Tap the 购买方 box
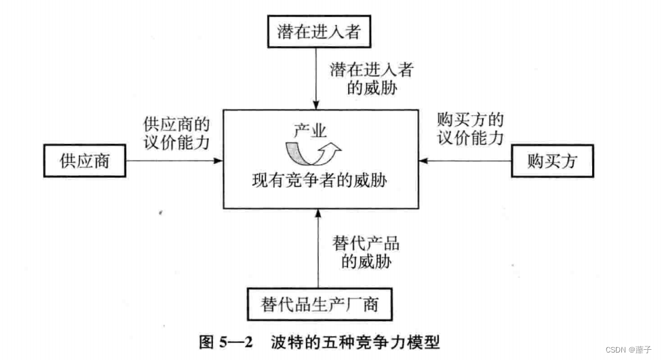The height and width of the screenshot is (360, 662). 551,161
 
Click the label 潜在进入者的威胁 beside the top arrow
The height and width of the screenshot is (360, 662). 372,79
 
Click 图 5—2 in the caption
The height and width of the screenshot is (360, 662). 226,341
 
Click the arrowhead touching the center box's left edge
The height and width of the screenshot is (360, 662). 218,161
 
